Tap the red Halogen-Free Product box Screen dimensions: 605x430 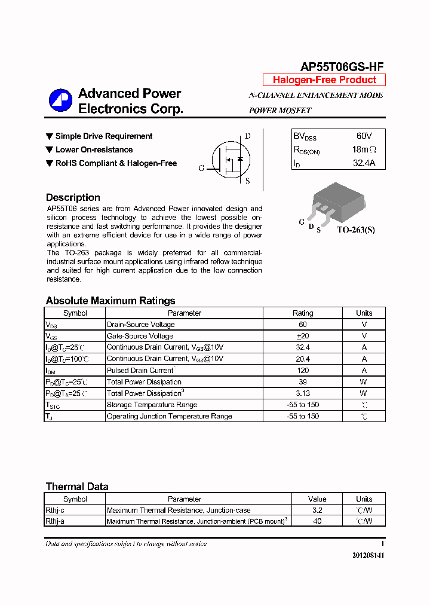pyautogui.click(x=324, y=80)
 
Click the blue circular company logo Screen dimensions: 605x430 pyautogui.click(x=60, y=100)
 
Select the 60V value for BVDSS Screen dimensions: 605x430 pyautogui.click(x=364, y=136)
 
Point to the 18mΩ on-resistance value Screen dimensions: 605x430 pyautogui.click(x=364, y=149)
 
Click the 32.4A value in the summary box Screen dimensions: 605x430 pyautogui.click(x=364, y=163)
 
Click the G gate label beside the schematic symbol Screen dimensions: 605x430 pyautogui.click(x=201, y=169)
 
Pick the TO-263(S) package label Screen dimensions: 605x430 pyautogui.click(x=355, y=230)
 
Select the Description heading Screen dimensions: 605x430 pyautogui.click(x=73, y=197)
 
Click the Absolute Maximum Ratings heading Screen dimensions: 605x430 pyautogui.click(x=110, y=301)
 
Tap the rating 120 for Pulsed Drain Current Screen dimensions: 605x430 pyautogui.click(x=303, y=371)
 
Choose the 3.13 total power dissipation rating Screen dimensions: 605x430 pyautogui.click(x=303, y=393)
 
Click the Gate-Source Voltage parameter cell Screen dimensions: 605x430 pyautogui.click(x=140, y=336)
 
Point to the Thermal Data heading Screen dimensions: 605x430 pyautogui.click(x=77, y=487)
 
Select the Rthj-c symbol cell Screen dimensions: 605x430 pyautogui.click(x=55, y=511)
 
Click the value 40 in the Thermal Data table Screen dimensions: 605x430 pyautogui.click(x=317, y=521)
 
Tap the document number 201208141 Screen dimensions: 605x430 pyautogui.click(x=368, y=555)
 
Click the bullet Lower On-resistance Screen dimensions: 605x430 pyautogui.click(x=94, y=149)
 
